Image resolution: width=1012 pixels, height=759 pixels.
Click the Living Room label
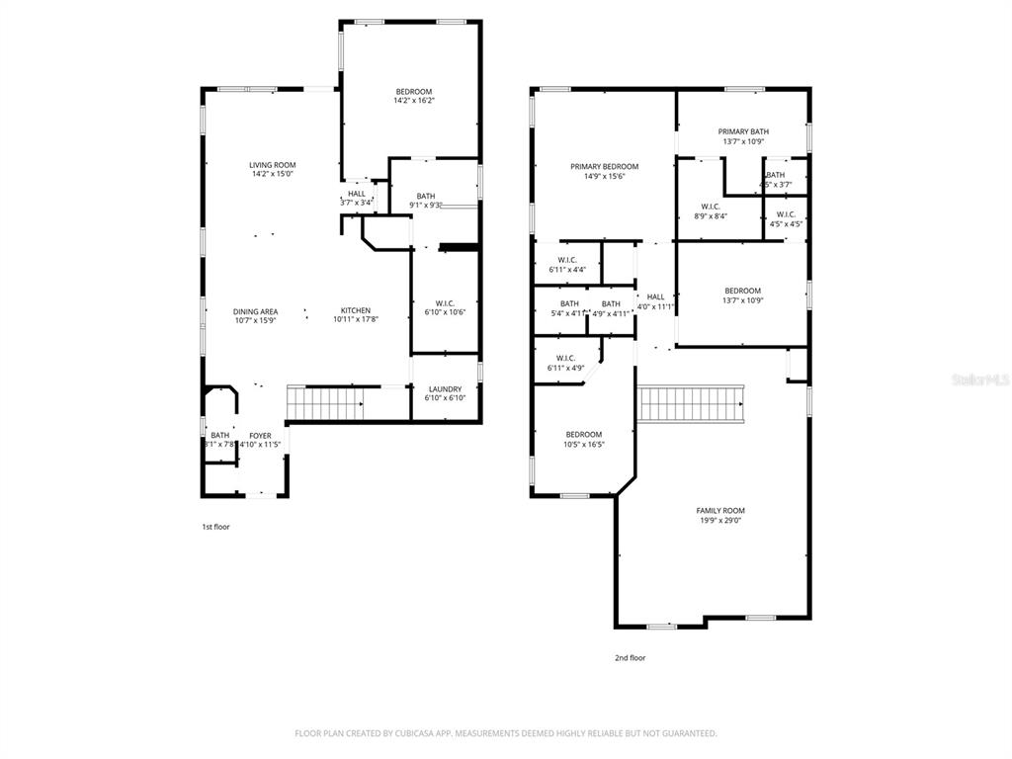pos(272,165)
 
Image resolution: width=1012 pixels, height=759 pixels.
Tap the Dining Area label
pos(255,311)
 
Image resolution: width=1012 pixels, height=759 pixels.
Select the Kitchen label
pos(356,311)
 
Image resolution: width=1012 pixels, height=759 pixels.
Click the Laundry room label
pos(444,389)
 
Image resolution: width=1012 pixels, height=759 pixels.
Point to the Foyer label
pos(260,435)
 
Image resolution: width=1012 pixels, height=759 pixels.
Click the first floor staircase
pos(324,404)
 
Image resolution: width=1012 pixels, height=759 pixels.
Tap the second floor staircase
pos(691,403)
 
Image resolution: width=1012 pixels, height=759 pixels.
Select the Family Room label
pos(719,511)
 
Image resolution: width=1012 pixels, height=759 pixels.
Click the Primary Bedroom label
pos(604,167)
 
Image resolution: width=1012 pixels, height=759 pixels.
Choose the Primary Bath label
pos(743,131)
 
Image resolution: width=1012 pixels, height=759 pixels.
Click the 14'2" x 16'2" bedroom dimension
pos(413,100)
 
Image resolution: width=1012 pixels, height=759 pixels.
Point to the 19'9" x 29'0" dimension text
pos(719,521)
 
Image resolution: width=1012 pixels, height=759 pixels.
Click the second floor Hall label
pos(655,296)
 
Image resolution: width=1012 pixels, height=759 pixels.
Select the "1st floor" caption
pos(215,527)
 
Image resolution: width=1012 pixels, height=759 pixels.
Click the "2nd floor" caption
pos(630,657)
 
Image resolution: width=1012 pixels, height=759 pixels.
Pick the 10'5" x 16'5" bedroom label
pos(583,435)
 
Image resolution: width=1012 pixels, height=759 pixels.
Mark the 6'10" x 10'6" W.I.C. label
pos(444,303)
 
